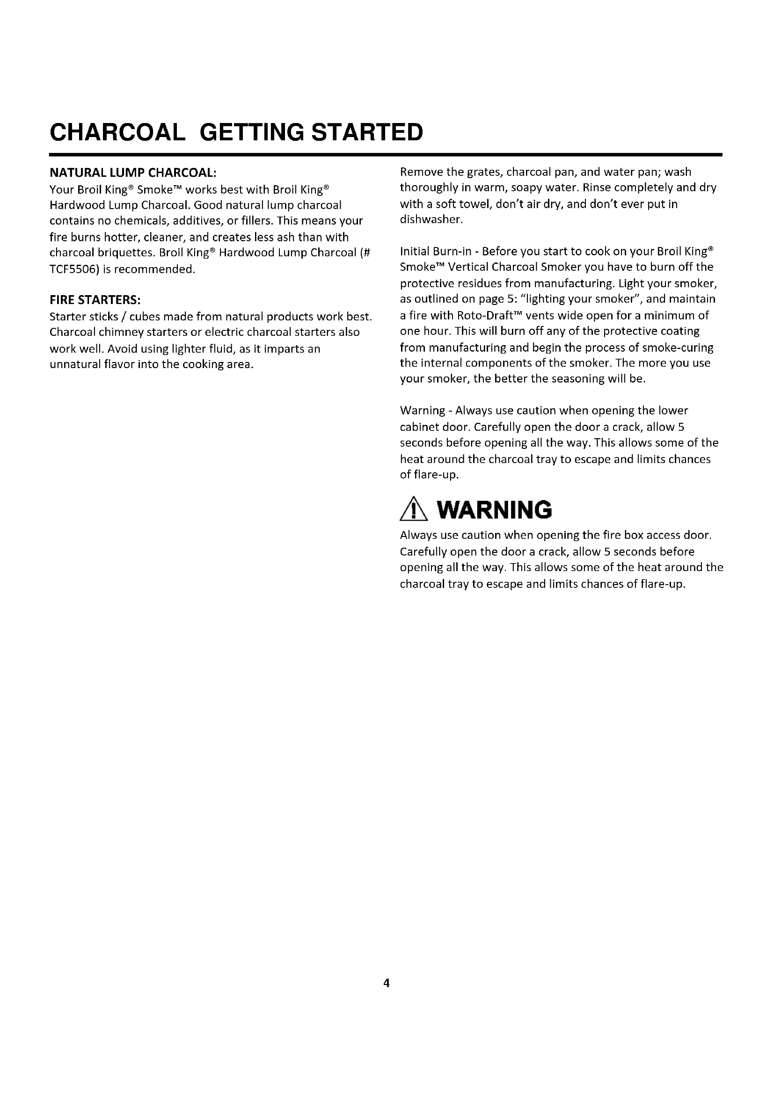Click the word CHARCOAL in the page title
(x=118, y=132)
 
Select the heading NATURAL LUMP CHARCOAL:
(x=133, y=172)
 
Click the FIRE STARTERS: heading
(x=95, y=300)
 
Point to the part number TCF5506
(x=72, y=269)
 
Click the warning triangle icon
(x=414, y=510)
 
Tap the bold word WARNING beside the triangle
(x=494, y=510)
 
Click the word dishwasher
(x=431, y=220)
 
